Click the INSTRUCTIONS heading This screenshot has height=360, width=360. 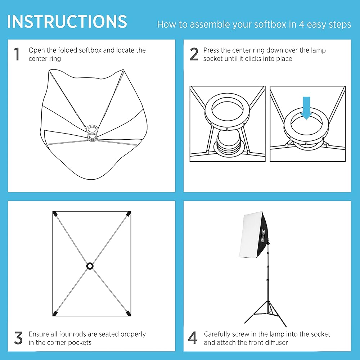point(67,22)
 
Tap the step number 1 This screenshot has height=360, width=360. point(17,54)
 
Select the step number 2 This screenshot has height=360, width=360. point(194,54)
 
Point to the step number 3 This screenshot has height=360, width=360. point(18,338)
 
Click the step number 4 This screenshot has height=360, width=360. point(192,338)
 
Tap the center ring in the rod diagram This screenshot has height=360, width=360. point(90,266)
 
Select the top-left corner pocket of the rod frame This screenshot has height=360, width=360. point(55,214)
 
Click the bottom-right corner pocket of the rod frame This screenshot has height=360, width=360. point(128,313)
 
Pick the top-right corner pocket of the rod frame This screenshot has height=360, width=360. point(129,214)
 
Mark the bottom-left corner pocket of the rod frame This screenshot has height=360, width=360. point(55,313)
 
